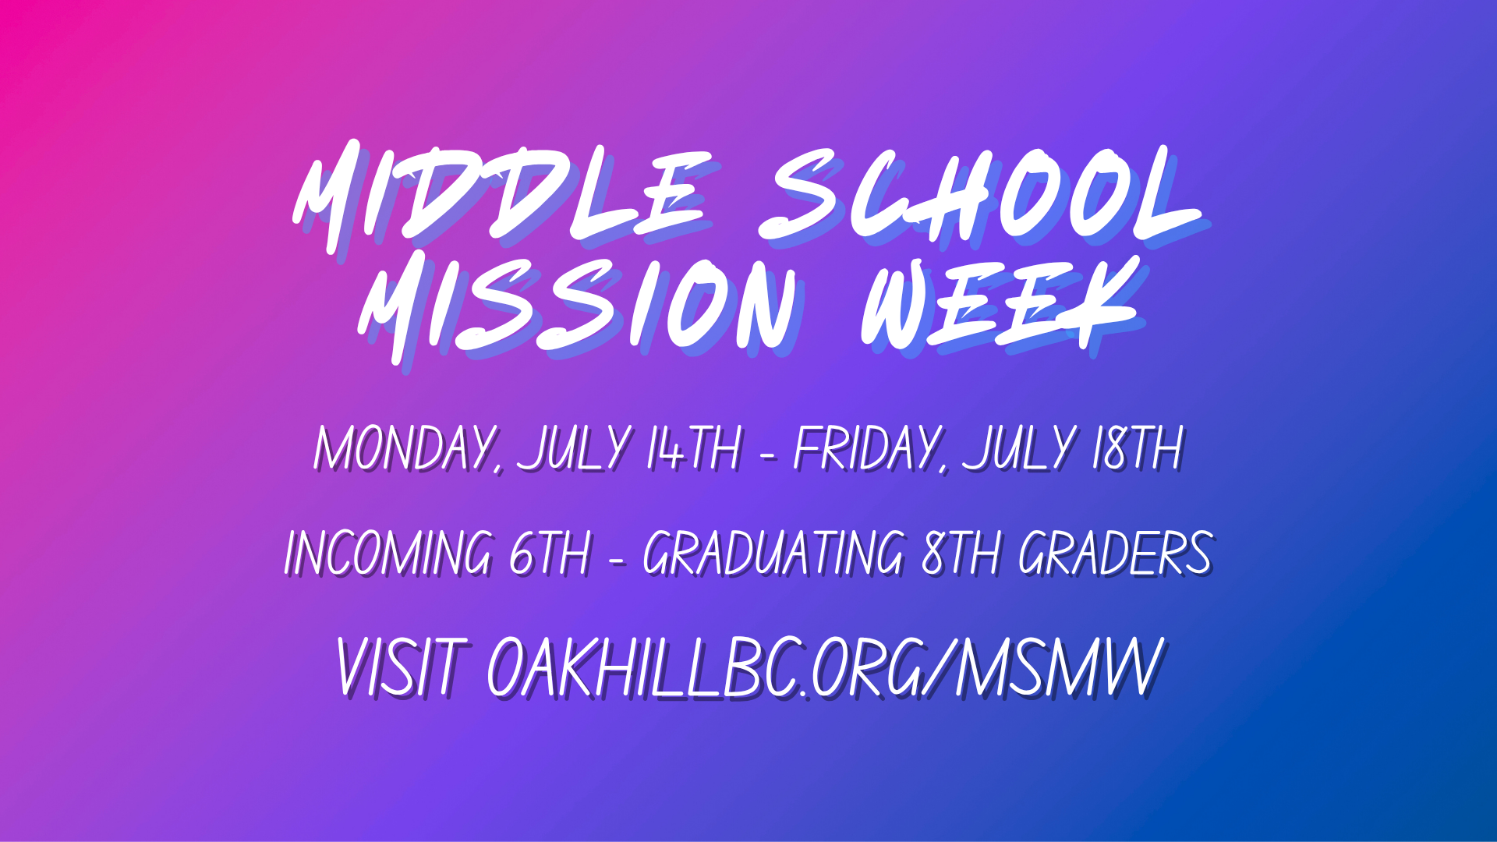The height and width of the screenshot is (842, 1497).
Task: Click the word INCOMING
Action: coord(388,553)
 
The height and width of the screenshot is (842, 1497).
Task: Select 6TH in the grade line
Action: coord(550,553)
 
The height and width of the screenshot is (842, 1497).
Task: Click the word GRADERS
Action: coord(1116,553)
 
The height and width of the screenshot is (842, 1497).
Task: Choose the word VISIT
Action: coord(402,667)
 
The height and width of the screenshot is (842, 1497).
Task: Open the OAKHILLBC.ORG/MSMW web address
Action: coord(826,667)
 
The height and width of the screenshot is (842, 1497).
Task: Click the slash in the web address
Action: coord(939,667)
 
